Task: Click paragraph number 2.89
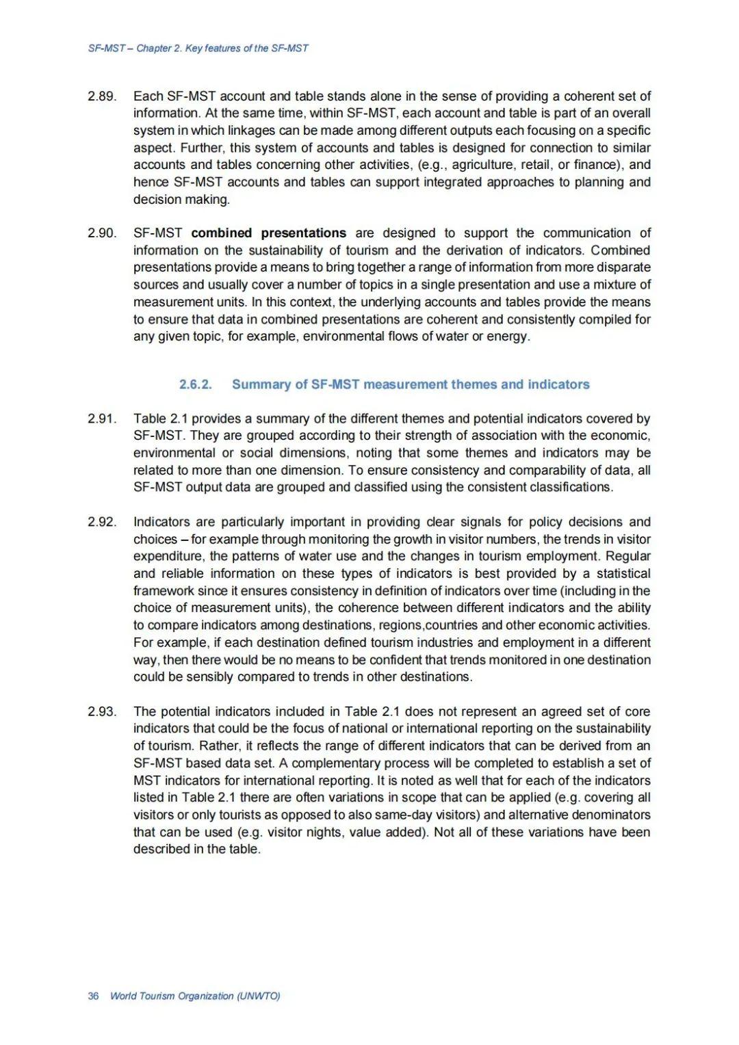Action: tap(102, 96)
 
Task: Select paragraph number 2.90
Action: tap(102, 233)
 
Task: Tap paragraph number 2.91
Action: tap(102, 419)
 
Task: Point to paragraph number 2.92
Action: tap(102, 522)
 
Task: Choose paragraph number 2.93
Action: tap(102, 712)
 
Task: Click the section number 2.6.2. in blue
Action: tap(195, 384)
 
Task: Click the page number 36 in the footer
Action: tap(93, 996)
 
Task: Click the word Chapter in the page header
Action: tap(154, 49)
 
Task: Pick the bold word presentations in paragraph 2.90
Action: tap(303, 233)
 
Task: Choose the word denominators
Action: tap(610, 815)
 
